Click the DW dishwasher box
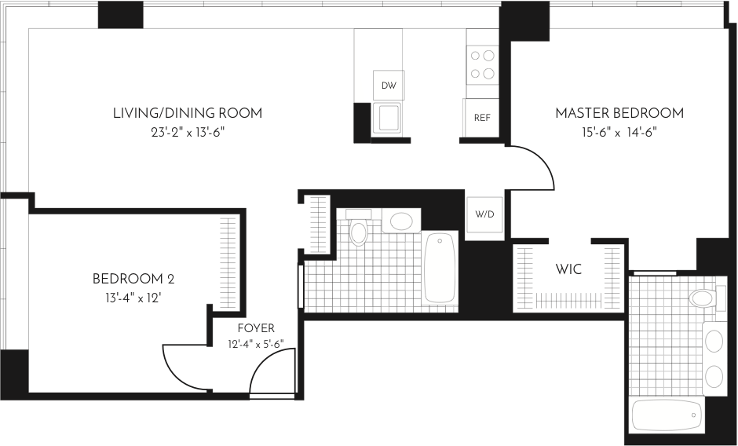click(x=388, y=85)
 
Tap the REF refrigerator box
click(x=481, y=117)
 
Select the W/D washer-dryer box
click(x=484, y=214)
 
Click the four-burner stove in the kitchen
click(x=484, y=65)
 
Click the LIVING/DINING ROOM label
click(x=187, y=113)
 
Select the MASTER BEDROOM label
click(x=619, y=113)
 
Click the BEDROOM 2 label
click(x=133, y=279)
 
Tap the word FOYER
click(x=256, y=329)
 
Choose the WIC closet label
click(x=568, y=270)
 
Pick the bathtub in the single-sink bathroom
click(x=440, y=268)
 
